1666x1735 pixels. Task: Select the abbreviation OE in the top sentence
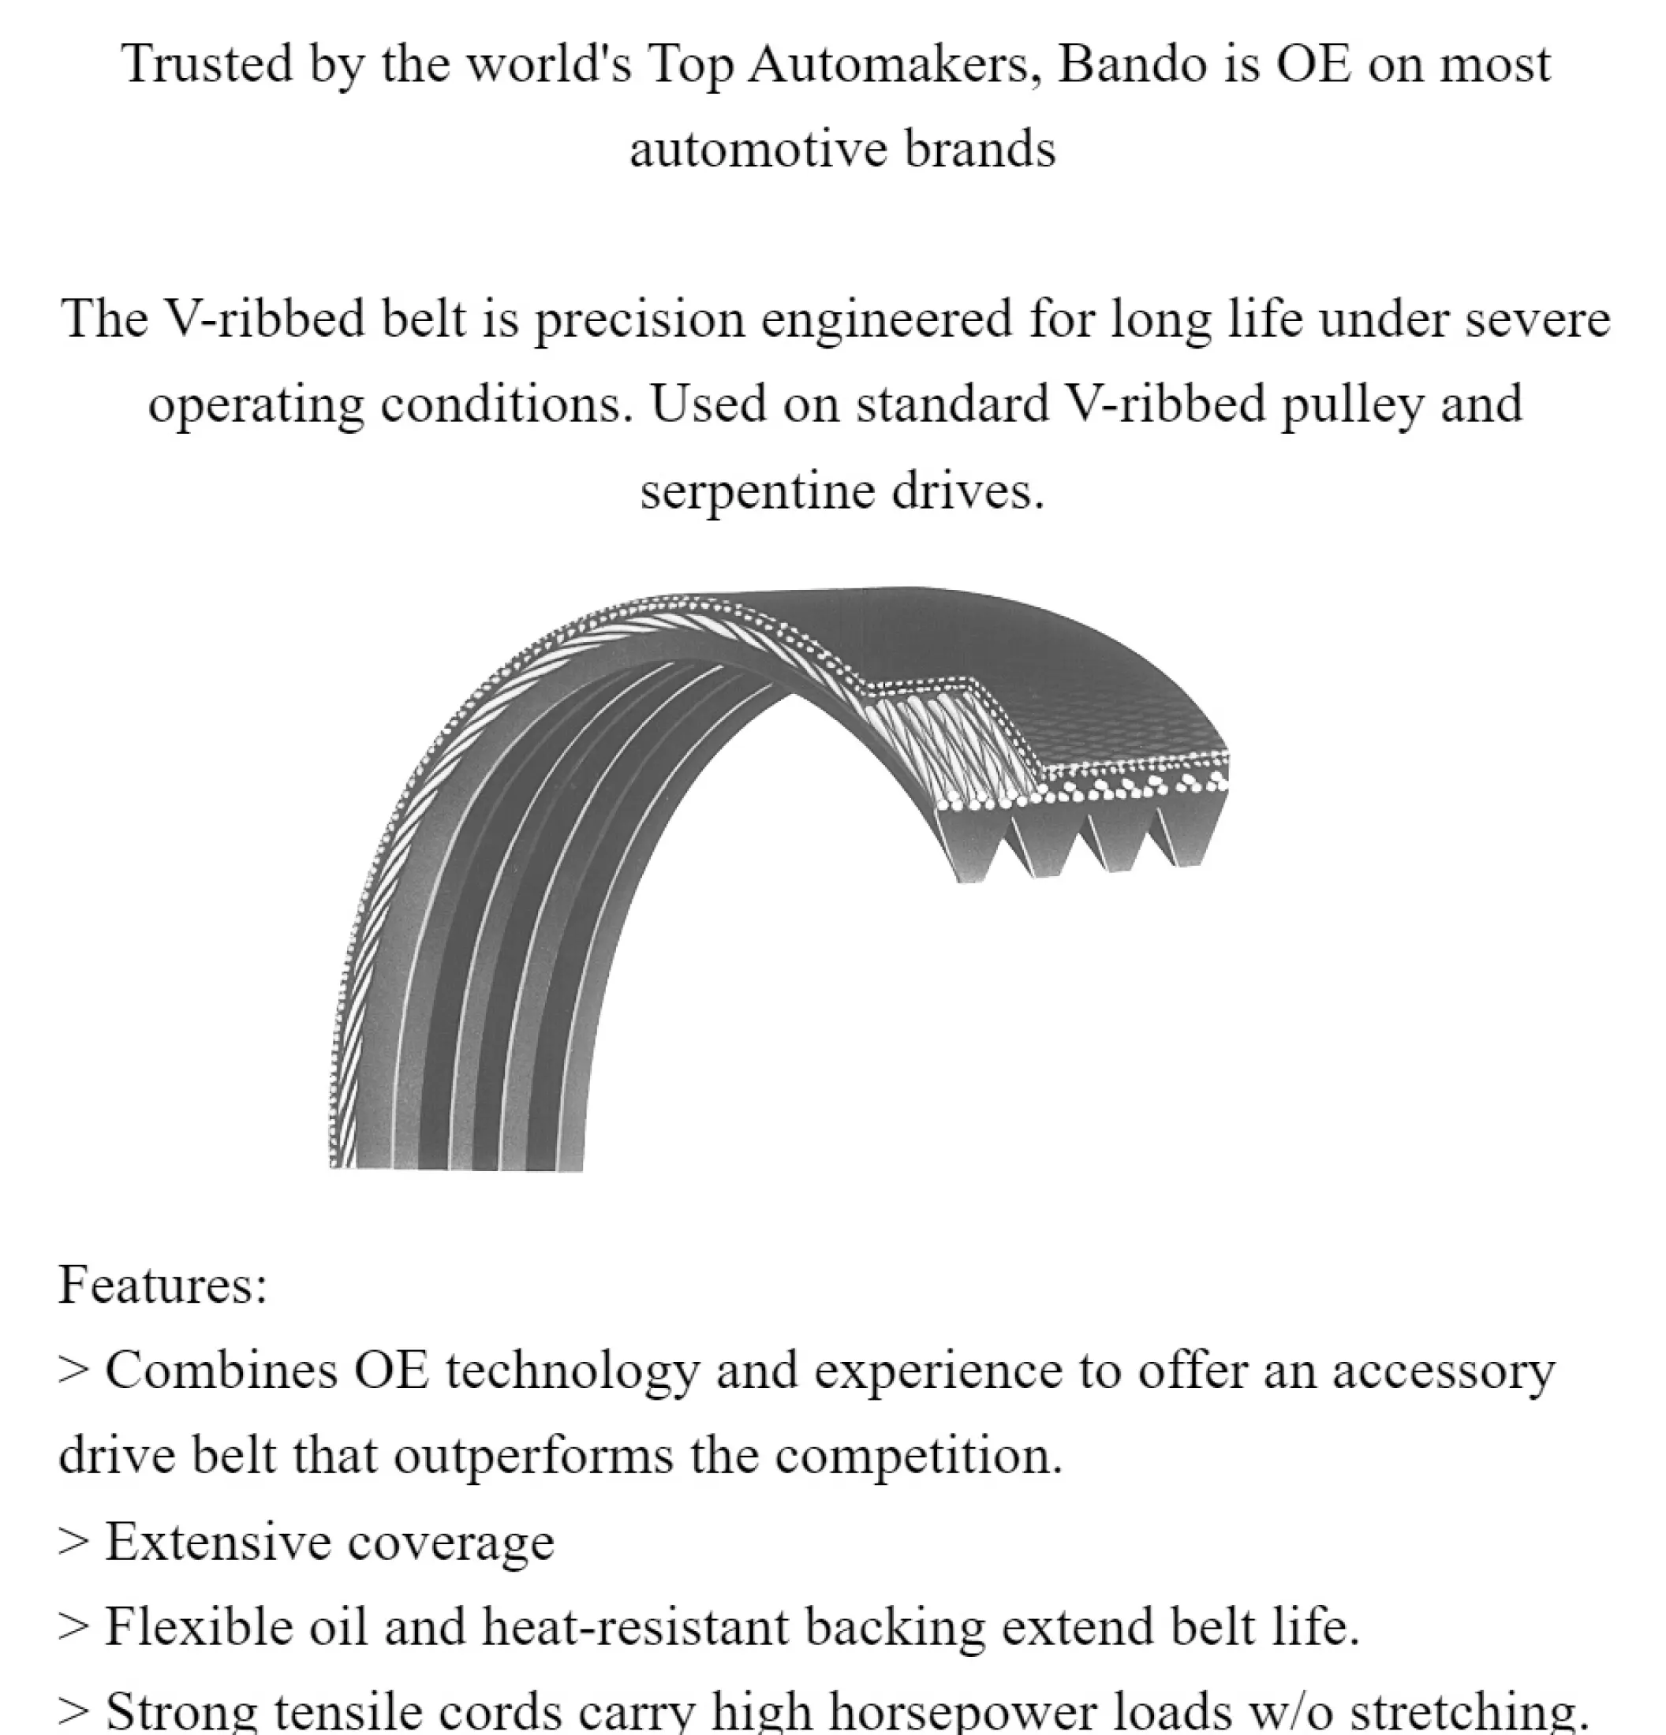click(1313, 65)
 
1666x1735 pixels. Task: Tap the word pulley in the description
click(1352, 405)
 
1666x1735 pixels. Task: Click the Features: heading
click(162, 1285)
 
